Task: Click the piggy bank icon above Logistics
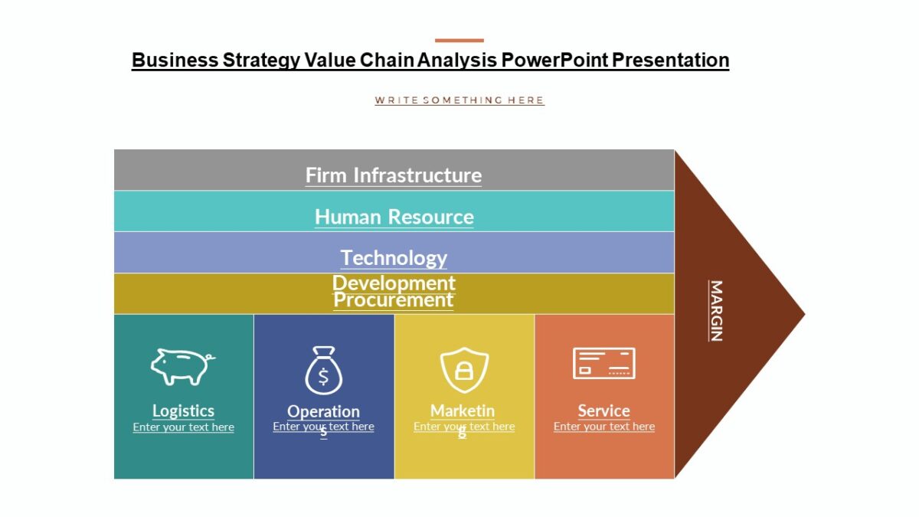coord(182,366)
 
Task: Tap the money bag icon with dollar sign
coord(323,371)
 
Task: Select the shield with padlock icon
coord(464,370)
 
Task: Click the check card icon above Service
coord(604,363)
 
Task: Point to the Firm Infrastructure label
coord(394,175)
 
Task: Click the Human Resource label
coord(394,217)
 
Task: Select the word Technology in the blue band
coord(394,257)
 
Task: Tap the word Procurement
coord(394,300)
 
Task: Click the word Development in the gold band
coord(394,283)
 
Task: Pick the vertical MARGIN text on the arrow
coord(715,310)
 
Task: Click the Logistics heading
coord(183,411)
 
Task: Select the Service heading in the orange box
coord(604,411)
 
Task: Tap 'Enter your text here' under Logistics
coord(183,427)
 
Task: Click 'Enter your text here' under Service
coord(604,427)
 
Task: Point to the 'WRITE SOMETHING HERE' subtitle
coord(459,100)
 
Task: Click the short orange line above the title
coord(459,41)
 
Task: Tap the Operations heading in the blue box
coord(323,412)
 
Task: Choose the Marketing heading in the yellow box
coord(463,411)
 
